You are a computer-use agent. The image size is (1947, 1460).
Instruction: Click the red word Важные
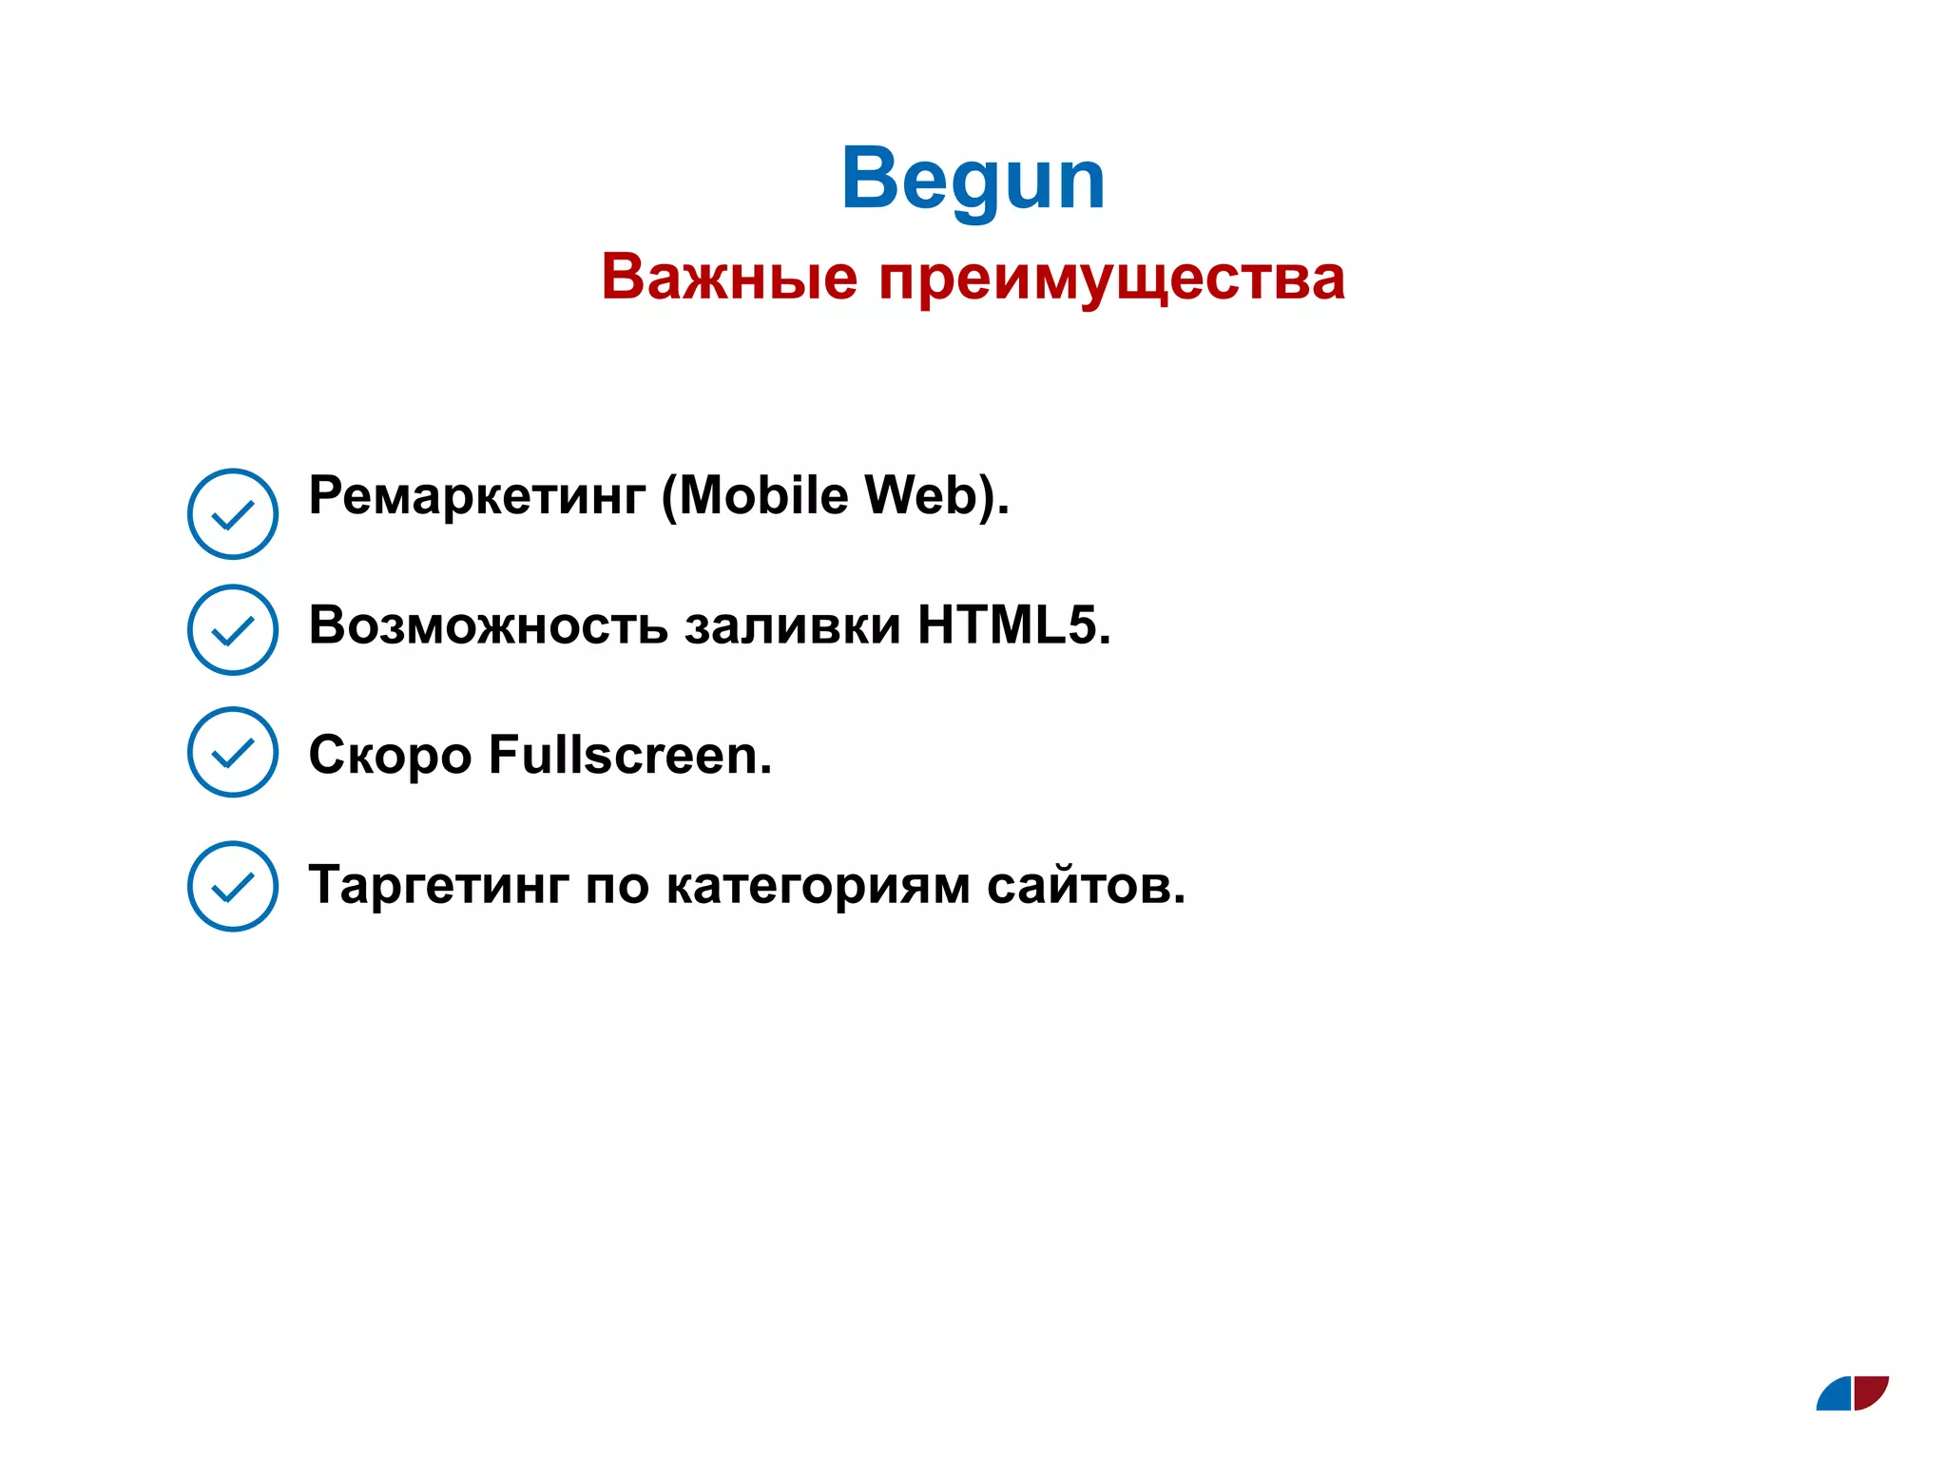click(x=729, y=277)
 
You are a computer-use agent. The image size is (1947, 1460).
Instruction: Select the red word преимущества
click(x=1111, y=279)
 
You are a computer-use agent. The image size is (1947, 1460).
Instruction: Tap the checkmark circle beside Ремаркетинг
click(x=233, y=513)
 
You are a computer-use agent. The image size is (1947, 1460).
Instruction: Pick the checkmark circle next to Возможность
click(x=233, y=629)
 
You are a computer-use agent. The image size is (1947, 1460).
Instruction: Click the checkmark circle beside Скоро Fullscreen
click(x=233, y=752)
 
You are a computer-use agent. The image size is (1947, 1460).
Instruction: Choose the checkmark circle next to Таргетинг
click(x=233, y=886)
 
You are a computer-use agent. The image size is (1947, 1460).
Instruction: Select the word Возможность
click(x=489, y=625)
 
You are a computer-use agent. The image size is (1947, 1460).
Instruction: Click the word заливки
click(x=793, y=625)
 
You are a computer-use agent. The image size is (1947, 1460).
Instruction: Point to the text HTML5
click(x=1012, y=625)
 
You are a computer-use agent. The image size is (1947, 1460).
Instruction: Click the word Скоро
click(x=390, y=756)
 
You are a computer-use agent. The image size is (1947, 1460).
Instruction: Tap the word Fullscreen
click(x=628, y=755)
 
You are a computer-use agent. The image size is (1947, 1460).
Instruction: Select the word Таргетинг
click(x=438, y=886)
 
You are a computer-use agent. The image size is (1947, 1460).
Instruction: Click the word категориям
click(x=818, y=886)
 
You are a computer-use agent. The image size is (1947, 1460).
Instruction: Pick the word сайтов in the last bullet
click(x=1085, y=886)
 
